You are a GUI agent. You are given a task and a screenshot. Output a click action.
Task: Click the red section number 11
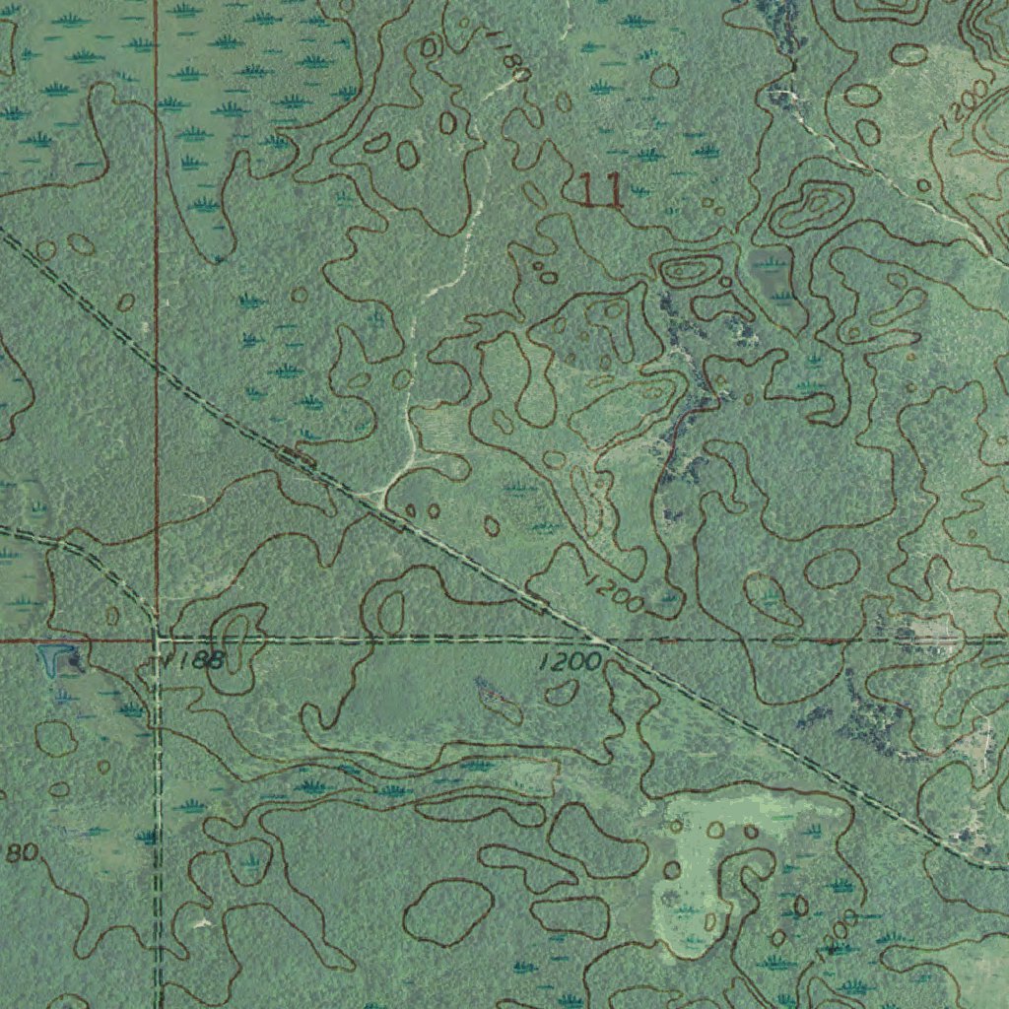click(x=600, y=190)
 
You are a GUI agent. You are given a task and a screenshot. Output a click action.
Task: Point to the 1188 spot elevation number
click(x=195, y=659)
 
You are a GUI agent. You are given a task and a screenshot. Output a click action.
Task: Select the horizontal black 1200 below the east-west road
click(x=571, y=661)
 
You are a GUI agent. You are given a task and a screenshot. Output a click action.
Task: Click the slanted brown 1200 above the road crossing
click(x=613, y=592)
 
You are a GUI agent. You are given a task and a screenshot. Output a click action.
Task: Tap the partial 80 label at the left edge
click(x=20, y=852)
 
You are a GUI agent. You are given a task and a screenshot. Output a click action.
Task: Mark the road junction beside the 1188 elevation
click(x=157, y=639)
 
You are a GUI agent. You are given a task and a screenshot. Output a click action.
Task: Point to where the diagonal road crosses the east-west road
click(x=608, y=640)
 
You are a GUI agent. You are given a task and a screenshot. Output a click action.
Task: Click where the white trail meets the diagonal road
click(x=378, y=496)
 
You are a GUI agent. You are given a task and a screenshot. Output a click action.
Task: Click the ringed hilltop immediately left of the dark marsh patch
click(x=689, y=268)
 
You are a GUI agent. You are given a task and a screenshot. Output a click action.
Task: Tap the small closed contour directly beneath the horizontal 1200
click(x=562, y=693)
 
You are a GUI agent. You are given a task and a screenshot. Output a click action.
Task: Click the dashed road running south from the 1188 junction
click(x=157, y=808)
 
